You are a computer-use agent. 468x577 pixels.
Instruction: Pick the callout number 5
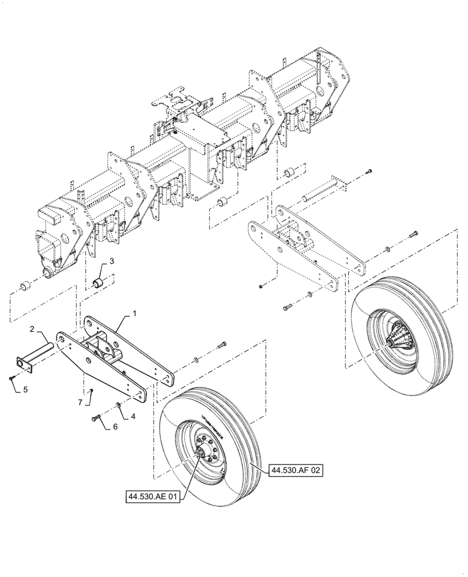click(x=25, y=389)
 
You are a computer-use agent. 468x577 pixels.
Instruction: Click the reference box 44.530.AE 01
click(x=150, y=495)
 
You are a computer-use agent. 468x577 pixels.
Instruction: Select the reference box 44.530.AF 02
click(x=293, y=471)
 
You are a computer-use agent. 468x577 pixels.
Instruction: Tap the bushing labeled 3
click(x=99, y=283)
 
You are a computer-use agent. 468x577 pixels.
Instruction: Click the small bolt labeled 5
click(x=12, y=378)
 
